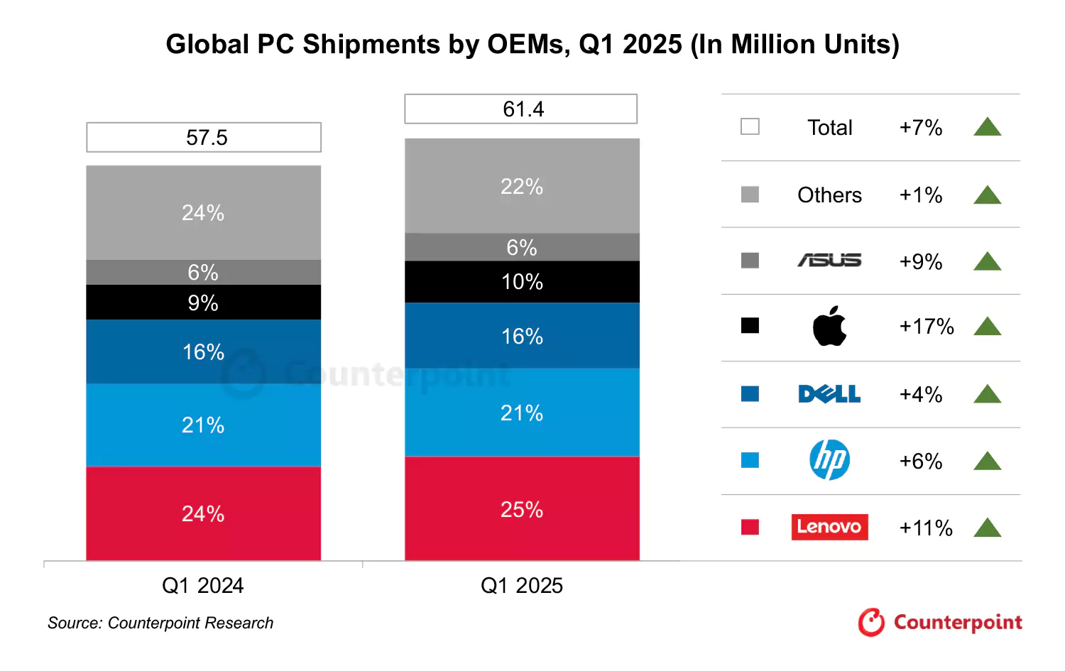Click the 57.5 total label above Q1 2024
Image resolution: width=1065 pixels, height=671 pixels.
tap(204, 137)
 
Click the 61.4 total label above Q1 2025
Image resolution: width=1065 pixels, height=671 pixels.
tap(521, 109)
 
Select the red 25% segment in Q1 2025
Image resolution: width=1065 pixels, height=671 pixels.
tap(522, 509)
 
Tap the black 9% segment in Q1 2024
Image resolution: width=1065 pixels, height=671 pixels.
tap(203, 302)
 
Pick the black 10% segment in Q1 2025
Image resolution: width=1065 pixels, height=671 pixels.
tap(522, 282)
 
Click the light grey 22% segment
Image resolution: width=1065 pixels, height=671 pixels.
tap(522, 186)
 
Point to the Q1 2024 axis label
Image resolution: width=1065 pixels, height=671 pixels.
tap(203, 585)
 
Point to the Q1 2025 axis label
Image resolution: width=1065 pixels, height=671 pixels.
tap(522, 585)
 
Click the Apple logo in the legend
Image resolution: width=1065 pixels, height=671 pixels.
tap(829, 327)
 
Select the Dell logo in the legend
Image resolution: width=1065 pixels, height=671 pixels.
tap(829, 394)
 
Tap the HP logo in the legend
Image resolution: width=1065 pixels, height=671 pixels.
tap(829, 460)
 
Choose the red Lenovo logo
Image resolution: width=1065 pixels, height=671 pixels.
tap(829, 527)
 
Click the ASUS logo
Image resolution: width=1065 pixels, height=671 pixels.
tap(829, 261)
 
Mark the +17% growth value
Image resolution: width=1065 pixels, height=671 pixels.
tap(926, 327)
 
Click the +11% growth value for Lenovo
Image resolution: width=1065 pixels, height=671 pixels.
tap(926, 528)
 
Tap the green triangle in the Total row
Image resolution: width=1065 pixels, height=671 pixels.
tap(987, 128)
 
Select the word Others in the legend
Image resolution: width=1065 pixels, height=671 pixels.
tap(829, 195)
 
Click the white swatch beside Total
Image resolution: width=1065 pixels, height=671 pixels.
tap(750, 126)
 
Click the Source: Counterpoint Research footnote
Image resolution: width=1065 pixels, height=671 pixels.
tap(160, 623)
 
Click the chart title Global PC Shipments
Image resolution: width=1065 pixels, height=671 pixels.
tap(532, 44)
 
